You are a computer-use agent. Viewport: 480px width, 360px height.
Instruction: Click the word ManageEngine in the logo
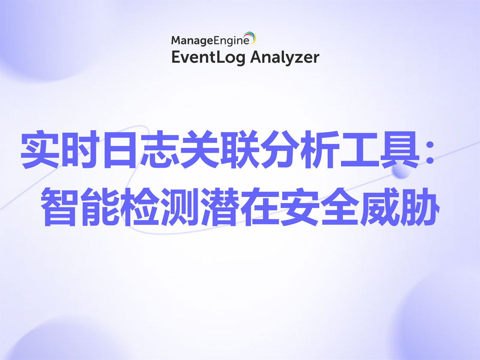pos(210,41)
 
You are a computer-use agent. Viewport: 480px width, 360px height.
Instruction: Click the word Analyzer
pos(285,57)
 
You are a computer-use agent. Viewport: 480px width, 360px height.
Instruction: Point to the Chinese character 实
pos(40,149)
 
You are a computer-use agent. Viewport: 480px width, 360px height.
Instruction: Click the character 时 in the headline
pos(80,149)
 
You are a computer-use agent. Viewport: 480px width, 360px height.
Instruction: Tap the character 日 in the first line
pos(120,149)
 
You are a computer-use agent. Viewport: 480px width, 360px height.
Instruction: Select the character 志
pos(160,149)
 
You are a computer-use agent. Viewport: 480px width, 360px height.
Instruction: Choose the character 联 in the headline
pos(240,149)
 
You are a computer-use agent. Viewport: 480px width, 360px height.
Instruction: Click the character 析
pos(320,149)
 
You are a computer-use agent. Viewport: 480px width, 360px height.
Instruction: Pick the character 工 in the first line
pos(360,149)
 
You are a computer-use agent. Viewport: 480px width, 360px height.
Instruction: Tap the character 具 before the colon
pos(400,149)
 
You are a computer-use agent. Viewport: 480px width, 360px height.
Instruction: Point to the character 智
pos(60,207)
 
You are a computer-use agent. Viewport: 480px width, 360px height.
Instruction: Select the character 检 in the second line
pos(140,207)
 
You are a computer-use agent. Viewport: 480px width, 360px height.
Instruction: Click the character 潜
pos(220,207)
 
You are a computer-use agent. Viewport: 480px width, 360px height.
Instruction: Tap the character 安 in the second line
pos(300,207)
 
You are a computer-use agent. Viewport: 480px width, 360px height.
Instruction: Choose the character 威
pos(380,207)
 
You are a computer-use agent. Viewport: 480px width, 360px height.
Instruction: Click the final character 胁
pos(420,207)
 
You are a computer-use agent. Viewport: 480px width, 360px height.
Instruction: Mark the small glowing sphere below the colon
pos(401,171)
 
